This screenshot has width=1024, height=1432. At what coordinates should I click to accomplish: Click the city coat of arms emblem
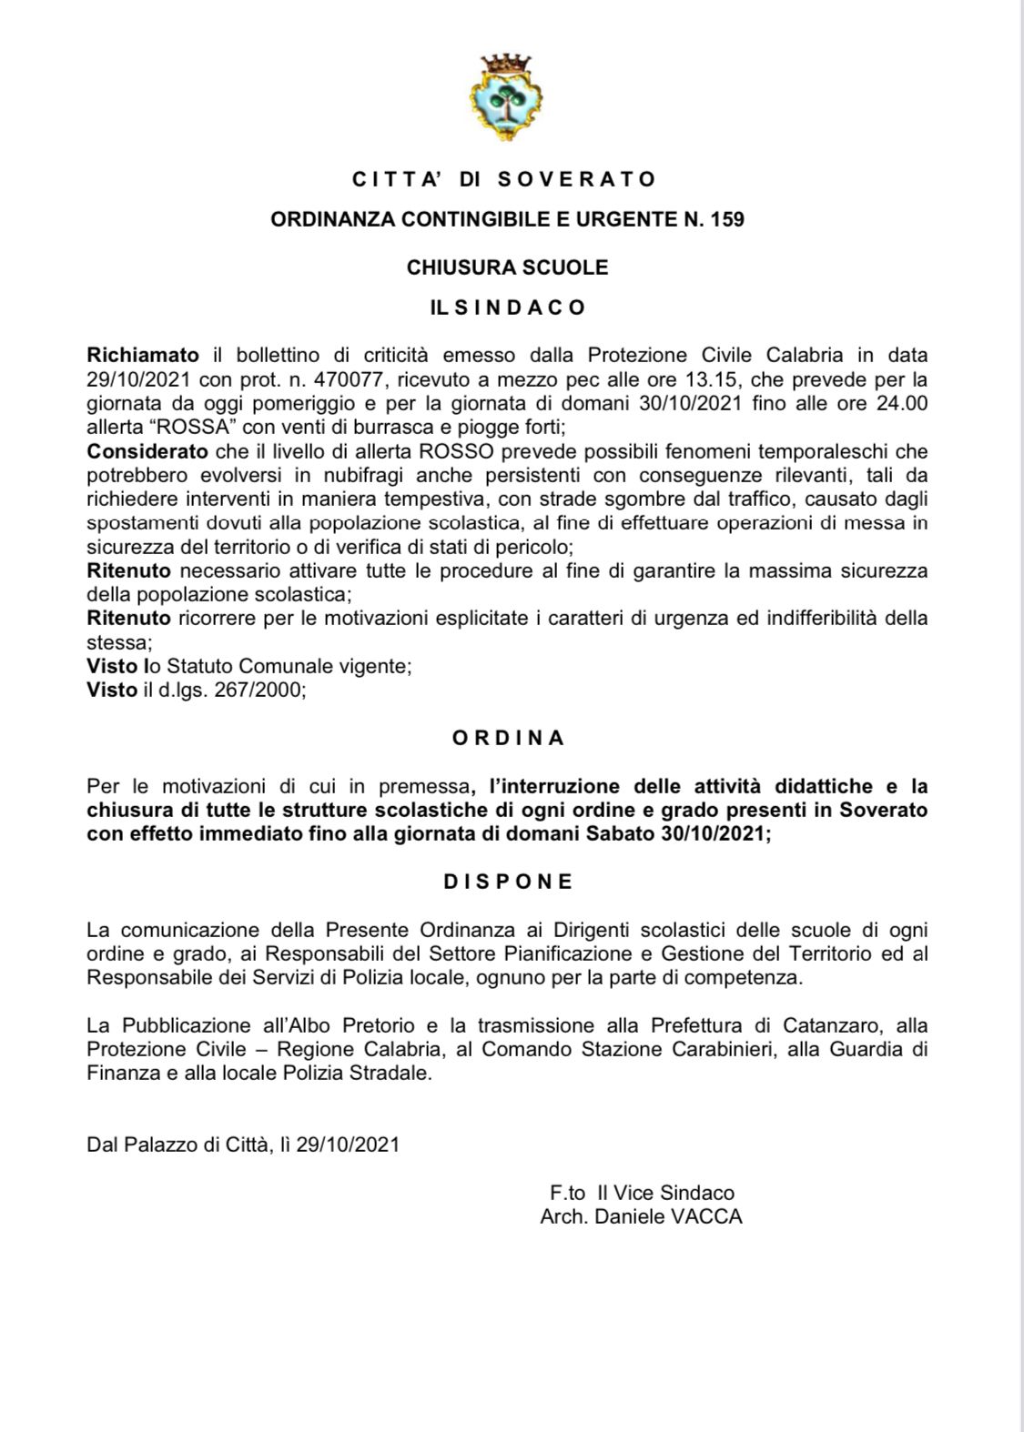pyautogui.click(x=506, y=99)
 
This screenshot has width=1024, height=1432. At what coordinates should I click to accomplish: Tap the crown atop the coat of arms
pyautogui.click(x=506, y=65)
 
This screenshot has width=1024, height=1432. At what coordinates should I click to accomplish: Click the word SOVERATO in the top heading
pyautogui.click(x=577, y=179)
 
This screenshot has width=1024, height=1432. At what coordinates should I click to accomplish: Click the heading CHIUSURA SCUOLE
pyautogui.click(x=507, y=267)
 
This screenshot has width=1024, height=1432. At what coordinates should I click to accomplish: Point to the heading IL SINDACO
pyautogui.click(x=508, y=308)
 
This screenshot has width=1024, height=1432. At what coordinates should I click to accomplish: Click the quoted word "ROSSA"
pyautogui.click(x=199, y=426)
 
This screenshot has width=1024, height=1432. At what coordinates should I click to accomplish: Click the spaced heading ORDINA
pyautogui.click(x=508, y=738)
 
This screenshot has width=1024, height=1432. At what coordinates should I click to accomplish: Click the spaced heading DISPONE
pyautogui.click(x=508, y=882)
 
